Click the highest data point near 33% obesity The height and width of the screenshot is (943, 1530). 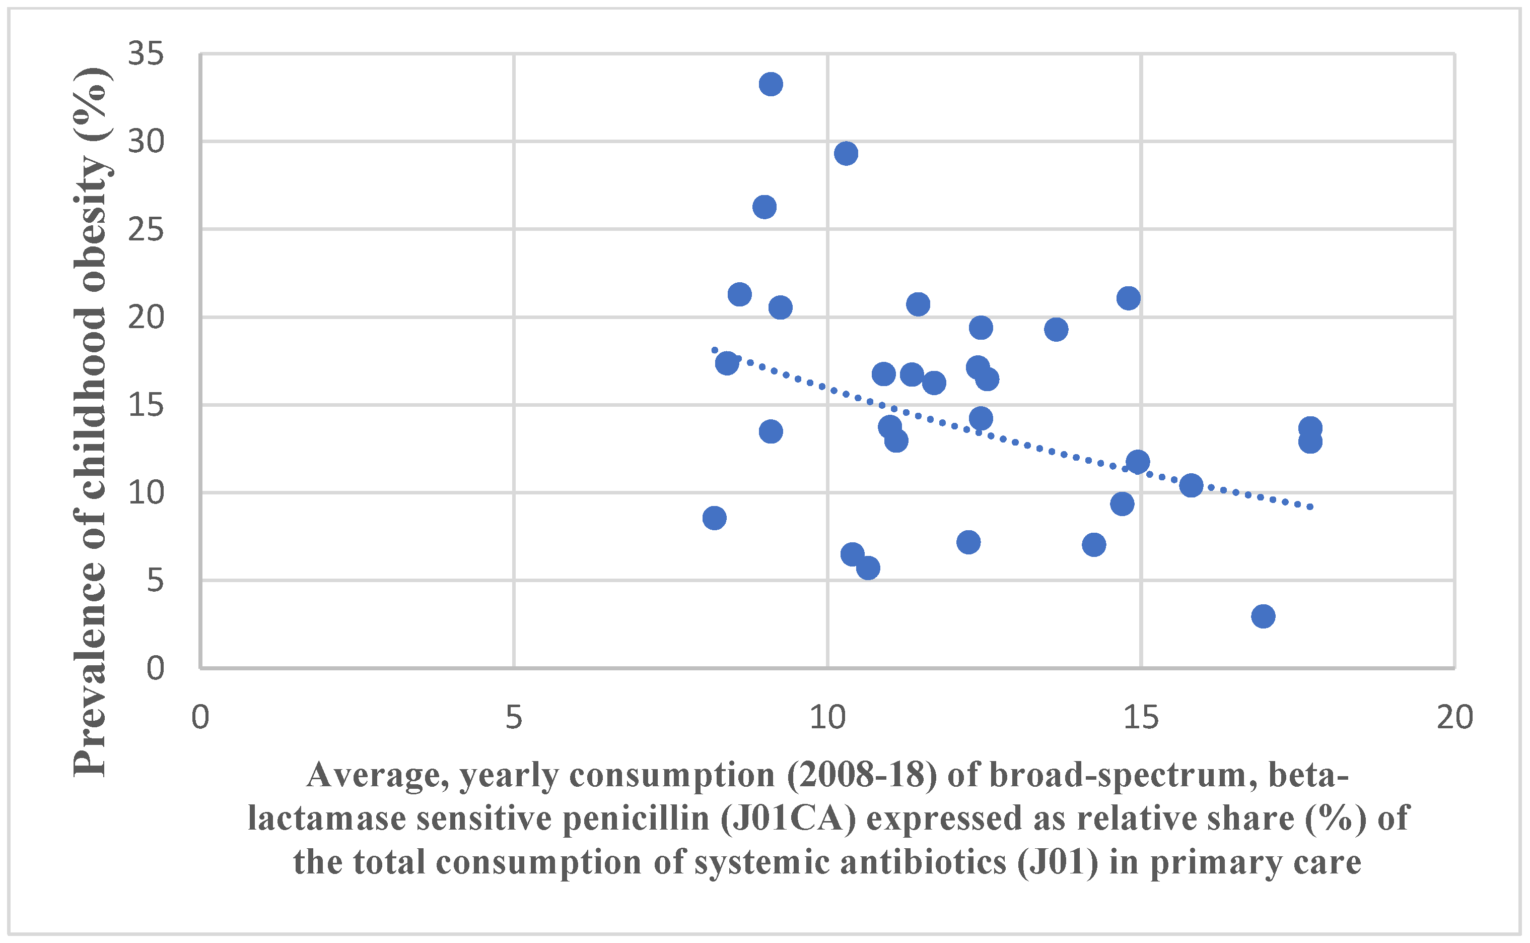tap(771, 84)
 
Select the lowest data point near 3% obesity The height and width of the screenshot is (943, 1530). tap(1263, 616)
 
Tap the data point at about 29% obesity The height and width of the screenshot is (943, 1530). tap(846, 153)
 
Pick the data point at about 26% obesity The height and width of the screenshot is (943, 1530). tap(764, 207)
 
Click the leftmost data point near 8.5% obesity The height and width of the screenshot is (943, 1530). tap(714, 518)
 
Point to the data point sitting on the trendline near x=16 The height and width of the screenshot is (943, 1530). tap(1191, 485)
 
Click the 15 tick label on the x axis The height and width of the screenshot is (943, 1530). tap(1141, 718)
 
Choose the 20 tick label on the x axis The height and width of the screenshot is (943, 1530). tap(1454, 718)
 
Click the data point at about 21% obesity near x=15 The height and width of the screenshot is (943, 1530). tap(1129, 298)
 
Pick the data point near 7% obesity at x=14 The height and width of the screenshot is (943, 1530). tap(1094, 544)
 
